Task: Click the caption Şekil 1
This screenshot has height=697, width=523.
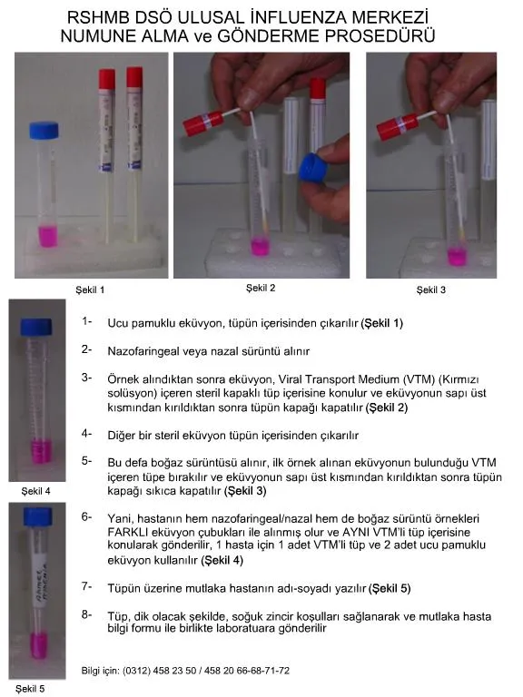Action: pyautogui.click(x=90, y=290)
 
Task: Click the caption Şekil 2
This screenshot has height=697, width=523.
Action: pyautogui.click(x=261, y=288)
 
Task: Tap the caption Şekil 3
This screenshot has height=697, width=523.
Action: pyautogui.click(x=431, y=290)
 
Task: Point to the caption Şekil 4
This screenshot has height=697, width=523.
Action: pyautogui.click(x=36, y=491)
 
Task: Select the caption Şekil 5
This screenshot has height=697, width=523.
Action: pyautogui.click(x=30, y=689)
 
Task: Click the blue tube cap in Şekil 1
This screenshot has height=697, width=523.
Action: pyautogui.click(x=44, y=130)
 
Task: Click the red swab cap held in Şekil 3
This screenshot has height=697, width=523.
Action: pyautogui.click(x=396, y=126)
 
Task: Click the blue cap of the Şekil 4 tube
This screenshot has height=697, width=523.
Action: pyautogui.click(x=36, y=327)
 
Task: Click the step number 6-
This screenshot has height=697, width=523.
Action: pyautogui.click(x=87, y=517)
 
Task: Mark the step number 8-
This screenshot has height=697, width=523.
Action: pyautogui.click(x=87, y=614)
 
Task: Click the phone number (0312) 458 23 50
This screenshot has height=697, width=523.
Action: pyautogui.click(x=159, y=671)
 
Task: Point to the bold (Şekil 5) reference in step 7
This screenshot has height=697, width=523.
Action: pyautogui.click(x=390, y=588)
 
